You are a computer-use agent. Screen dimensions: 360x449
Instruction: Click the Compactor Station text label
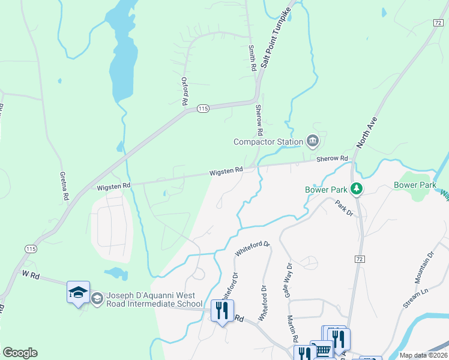(x=268, y=142)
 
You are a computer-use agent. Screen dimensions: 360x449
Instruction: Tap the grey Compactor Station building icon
(x=312, y=142)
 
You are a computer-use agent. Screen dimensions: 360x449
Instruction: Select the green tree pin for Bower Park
(x=357, y=189)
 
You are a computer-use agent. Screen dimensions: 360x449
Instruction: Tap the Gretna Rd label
(x=64, y=185)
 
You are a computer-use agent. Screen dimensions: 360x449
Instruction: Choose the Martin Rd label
(x=292, y=328)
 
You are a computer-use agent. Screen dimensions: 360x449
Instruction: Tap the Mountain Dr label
(x=424, y=266)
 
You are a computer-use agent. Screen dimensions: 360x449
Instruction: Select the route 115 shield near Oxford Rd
(x=202, y=109)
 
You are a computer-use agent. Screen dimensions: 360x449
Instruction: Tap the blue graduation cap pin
(x=78, y=292)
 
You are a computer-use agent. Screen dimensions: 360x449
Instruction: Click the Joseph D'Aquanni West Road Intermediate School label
(x=154, y=300)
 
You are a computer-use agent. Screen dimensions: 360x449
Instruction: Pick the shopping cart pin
(x=323, y=350)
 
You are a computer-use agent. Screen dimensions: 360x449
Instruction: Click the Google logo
(x=20, y=353)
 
